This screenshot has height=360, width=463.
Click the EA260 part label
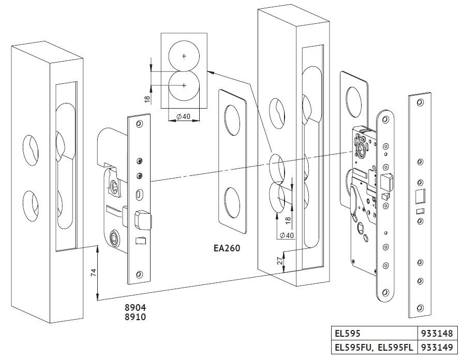coord(227,248)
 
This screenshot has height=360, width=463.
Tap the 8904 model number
coord(135,308)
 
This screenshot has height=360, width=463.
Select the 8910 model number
coord(135,317)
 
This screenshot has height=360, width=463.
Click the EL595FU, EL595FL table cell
coord(374,348)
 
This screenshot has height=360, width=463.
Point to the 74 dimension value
coord(93,272)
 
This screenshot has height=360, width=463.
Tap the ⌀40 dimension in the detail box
coord(183,117)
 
